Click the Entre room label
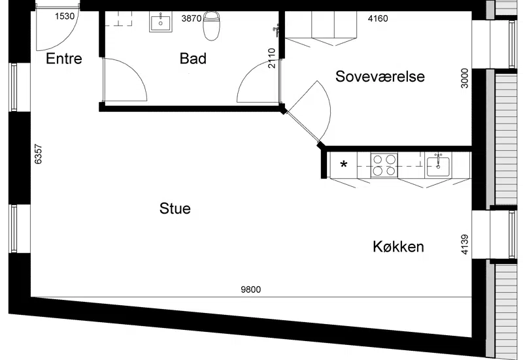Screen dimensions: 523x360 (x=63, y=59)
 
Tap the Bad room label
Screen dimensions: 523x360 (x=193, y=58)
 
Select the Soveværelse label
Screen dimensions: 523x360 (x=380, y=76)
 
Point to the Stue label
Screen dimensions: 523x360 (x=175, y=208)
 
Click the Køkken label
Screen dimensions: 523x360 (x=398, y=247)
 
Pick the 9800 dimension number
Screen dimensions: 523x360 (x=251, y=289)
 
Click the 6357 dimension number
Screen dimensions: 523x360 (x=39, y=154)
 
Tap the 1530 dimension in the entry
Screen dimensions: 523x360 (x=65, y=16)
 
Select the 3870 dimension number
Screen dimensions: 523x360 (x=192, y=18)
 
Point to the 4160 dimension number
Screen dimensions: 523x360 (x=378, y=18)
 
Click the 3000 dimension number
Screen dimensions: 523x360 (x=464, y=78)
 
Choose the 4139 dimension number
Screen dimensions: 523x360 (x=464, y=244)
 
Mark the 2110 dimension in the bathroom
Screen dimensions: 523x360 (x=272, y=58)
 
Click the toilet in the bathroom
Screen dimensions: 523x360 (x=211, y=25)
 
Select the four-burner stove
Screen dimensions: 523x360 (x=384, y=165)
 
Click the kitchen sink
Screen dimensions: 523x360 (x=438, y=165)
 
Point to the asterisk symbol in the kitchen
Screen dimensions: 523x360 (x=344, y=165)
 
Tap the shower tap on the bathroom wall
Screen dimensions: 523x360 (x=276, y=30)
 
